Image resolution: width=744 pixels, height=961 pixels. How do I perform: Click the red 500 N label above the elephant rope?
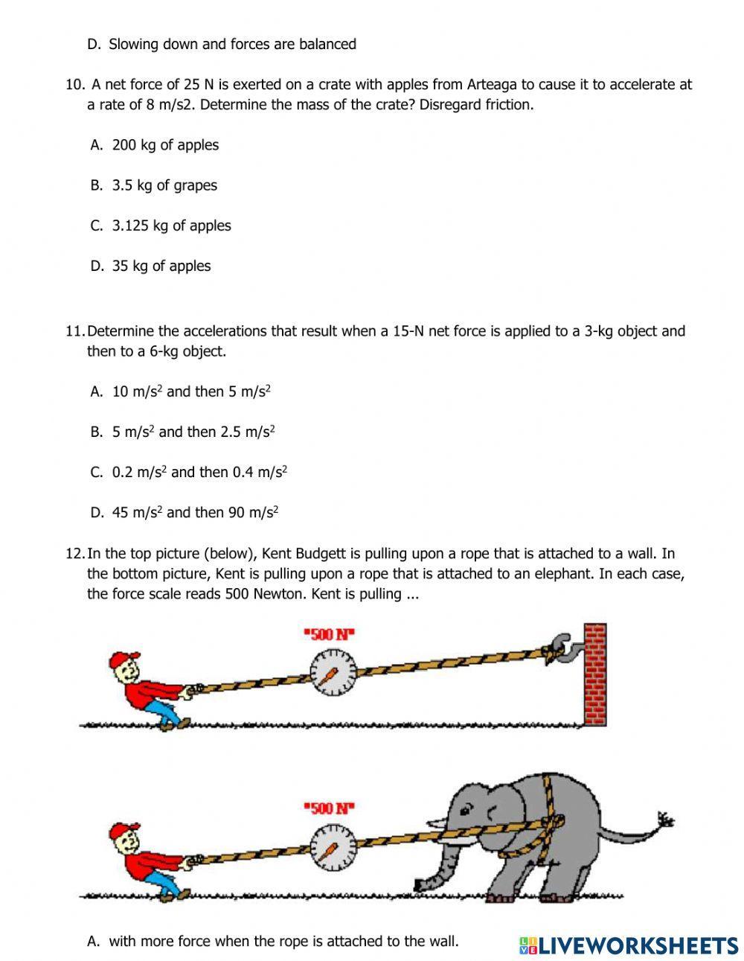click(330, 808)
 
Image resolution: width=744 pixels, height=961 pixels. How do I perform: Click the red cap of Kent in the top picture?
click(123, 660)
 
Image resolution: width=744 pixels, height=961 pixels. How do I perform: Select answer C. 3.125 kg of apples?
click(171, 226)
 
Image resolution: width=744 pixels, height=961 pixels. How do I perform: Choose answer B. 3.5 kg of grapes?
click(164, 185)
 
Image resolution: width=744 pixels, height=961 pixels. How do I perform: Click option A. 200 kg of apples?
click(165, 145)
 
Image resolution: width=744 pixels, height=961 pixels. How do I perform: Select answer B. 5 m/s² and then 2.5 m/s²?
click(193, 432)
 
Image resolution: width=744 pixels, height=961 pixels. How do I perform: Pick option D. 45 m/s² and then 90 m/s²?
click(195, 512)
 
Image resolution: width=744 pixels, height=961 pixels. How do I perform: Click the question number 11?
click(74, 331)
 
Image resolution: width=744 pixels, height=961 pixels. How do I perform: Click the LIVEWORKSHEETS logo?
click(629, 945)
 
